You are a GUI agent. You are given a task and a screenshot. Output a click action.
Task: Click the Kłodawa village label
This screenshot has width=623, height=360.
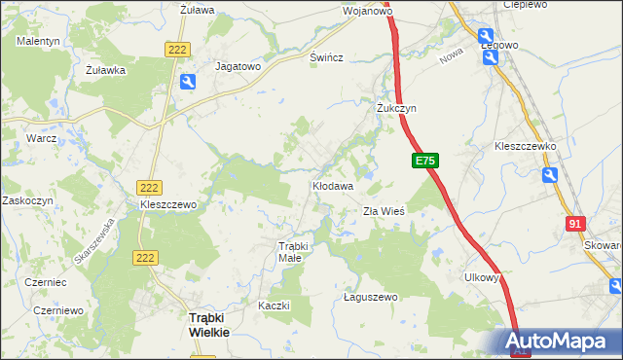tap(332, 184)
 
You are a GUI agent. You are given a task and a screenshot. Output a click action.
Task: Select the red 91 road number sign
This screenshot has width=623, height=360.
tap(573, 225)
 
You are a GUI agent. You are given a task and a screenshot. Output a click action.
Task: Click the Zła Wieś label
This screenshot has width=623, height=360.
tap(384, 210)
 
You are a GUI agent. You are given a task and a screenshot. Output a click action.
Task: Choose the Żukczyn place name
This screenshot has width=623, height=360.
tap(396, 109)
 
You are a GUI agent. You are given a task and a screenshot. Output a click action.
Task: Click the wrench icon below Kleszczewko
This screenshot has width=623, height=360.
tap(551, 175)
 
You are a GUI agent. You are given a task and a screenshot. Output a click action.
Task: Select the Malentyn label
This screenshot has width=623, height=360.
tap(39, 41)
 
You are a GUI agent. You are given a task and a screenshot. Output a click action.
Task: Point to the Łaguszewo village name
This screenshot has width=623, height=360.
tap(371, 297)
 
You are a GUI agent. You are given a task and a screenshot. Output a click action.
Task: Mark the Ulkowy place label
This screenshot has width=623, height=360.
tap(481, 276)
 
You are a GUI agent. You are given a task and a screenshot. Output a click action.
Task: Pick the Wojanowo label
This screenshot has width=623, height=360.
tap(367, 12)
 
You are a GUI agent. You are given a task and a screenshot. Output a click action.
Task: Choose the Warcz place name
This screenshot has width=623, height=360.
tap(42, 139)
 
